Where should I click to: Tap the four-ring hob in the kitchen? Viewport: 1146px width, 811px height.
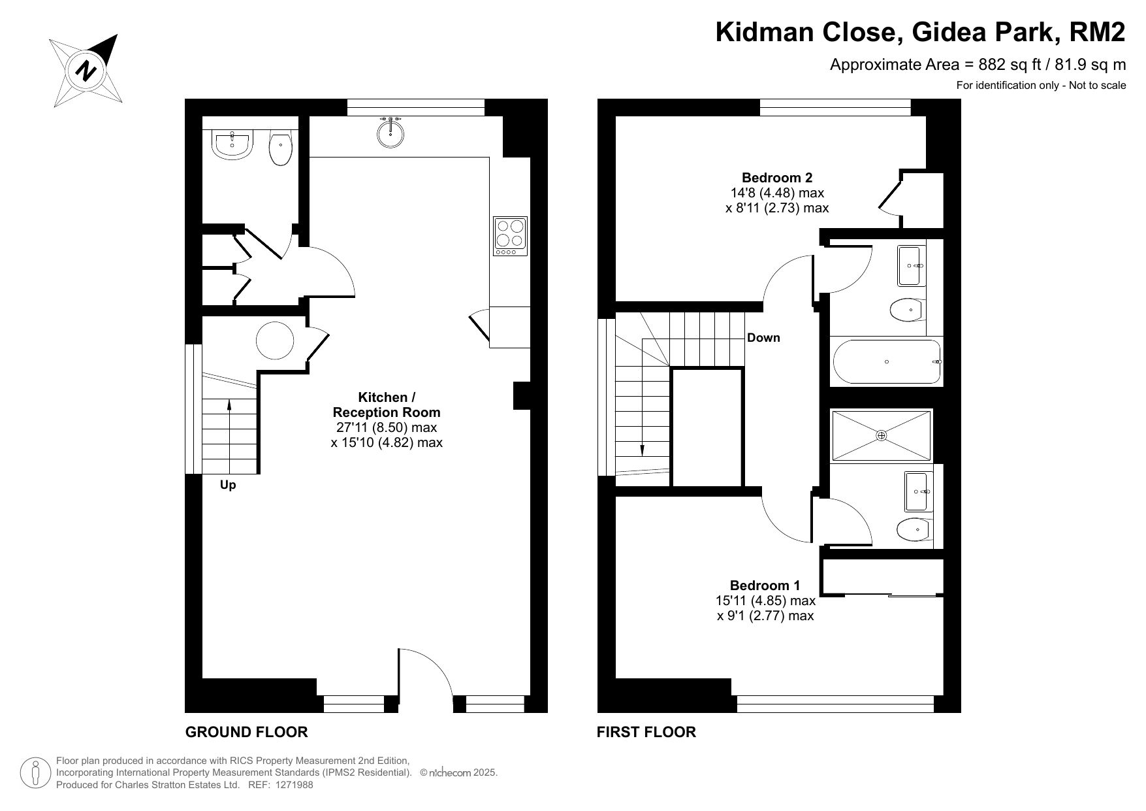tap(510, 237)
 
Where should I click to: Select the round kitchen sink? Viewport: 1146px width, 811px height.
tap(390, 131)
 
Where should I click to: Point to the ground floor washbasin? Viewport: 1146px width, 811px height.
tap(232, 144)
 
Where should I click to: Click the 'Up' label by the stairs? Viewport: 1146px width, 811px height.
tap(228, 485)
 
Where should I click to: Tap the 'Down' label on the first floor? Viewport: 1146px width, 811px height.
tap(763, 338)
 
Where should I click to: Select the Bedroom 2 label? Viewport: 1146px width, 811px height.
tap(777, 177)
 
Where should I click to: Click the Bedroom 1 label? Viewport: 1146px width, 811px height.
tap(765, 585)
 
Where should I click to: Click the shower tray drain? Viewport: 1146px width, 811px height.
tap(882, 435)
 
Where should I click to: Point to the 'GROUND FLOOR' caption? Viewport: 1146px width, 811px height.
tap(246, 732)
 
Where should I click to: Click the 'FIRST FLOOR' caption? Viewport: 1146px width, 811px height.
tap(646, 732)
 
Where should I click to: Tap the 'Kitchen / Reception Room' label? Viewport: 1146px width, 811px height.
tap(387, 405)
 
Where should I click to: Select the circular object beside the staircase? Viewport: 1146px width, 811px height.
tap(275, 340)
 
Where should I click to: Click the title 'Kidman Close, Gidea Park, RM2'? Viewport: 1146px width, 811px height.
tap(921, 32)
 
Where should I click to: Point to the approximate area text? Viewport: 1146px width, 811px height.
tap(978, 65)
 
